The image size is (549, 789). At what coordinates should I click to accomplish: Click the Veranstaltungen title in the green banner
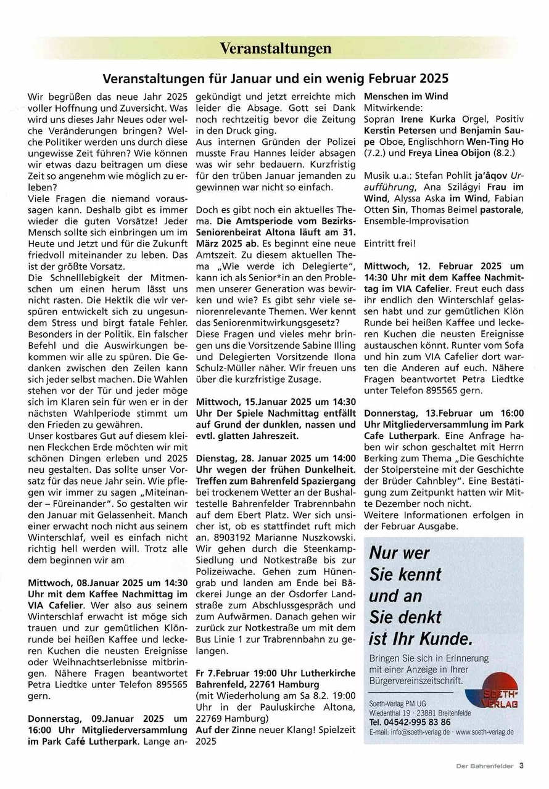tap(275, 48)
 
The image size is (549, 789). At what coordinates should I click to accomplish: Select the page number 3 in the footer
tap(521, 766)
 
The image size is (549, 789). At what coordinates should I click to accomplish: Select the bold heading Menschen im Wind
tap(406, 96)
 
